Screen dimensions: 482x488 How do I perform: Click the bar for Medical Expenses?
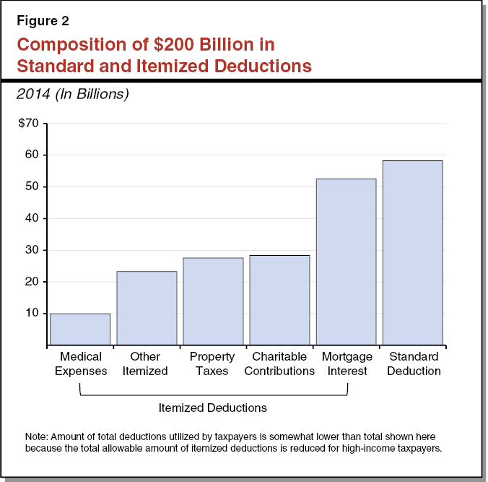[x=80, y=329]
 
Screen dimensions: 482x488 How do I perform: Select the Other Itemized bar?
[x=147, y=308]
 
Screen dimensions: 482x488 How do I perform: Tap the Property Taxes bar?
[x=213, y=301]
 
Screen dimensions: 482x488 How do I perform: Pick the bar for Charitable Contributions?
[x=279, y=300]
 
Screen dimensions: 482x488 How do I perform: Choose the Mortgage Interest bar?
[x=346, y=262]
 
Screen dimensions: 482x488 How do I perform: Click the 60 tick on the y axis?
[x=32, y=155]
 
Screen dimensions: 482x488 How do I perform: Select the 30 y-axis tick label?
[x=32, y=250]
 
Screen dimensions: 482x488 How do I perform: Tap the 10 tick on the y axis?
[x=32, y=314]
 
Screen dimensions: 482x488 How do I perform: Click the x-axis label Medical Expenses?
[x=81, y=363]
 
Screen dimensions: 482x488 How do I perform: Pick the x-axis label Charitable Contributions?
[x=279, y=363]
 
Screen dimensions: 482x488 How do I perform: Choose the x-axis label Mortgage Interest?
[x=347, y=363]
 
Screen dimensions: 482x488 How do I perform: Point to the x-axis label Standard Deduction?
[x=413, y=363]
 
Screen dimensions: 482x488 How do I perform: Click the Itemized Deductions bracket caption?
[x=212, y=408]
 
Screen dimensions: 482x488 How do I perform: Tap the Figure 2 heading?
[x=43, y=20]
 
